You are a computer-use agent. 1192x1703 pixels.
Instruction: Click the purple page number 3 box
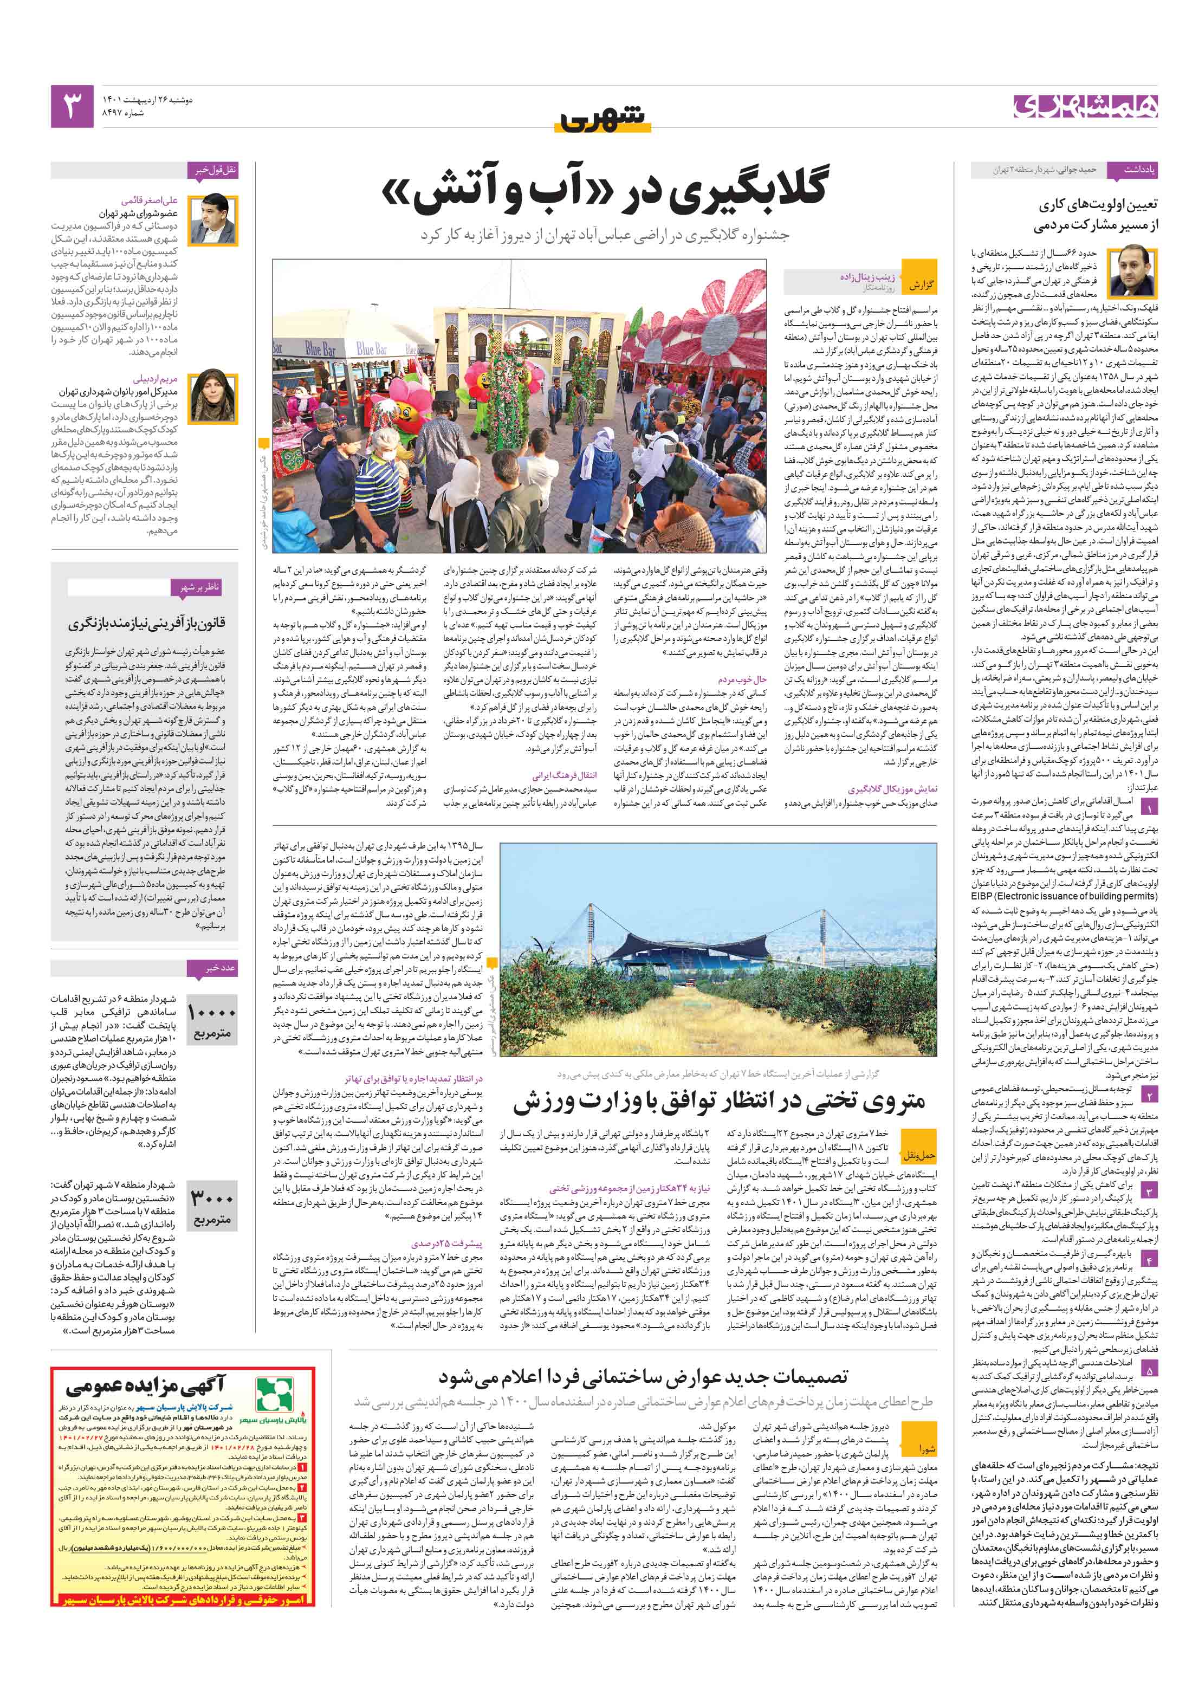click(x=72, y=106)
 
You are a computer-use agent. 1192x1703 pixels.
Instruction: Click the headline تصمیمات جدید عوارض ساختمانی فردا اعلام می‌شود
click(x=643, y=1377)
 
